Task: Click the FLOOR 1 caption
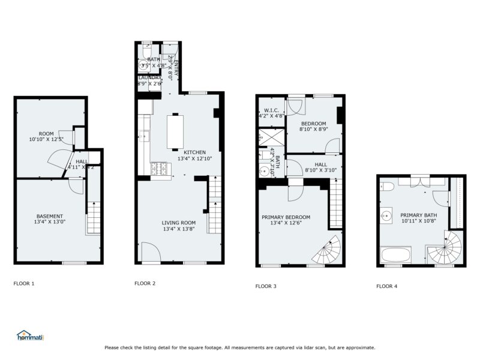point(24,283)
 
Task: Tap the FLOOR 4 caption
point(387,286)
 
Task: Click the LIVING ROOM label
point(179,225)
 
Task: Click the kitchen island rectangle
point(175,132)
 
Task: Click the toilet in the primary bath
point(387,185)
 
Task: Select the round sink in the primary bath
point(387,215)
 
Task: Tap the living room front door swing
point(150,252)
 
